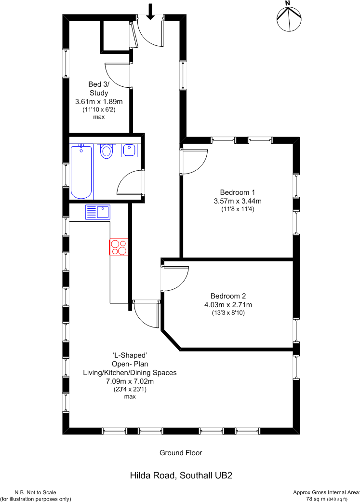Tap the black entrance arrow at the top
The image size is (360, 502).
point(150,11)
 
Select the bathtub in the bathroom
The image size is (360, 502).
point(81,172)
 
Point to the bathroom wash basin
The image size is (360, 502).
point(129,150)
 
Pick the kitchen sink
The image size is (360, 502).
point(98,212)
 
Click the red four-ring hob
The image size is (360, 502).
point(119,247)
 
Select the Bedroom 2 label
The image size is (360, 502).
point(228,296)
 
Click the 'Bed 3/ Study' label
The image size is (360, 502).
point(98,88)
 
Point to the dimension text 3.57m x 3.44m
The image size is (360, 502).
point(238,201)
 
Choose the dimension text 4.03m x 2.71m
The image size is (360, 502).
point(228,304)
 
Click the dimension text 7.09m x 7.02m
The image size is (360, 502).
point(130,381)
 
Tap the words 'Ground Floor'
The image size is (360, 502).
point(181,453)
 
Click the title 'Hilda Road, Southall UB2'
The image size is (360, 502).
point(181,475)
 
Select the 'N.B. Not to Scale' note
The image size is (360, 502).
point(36,492)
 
